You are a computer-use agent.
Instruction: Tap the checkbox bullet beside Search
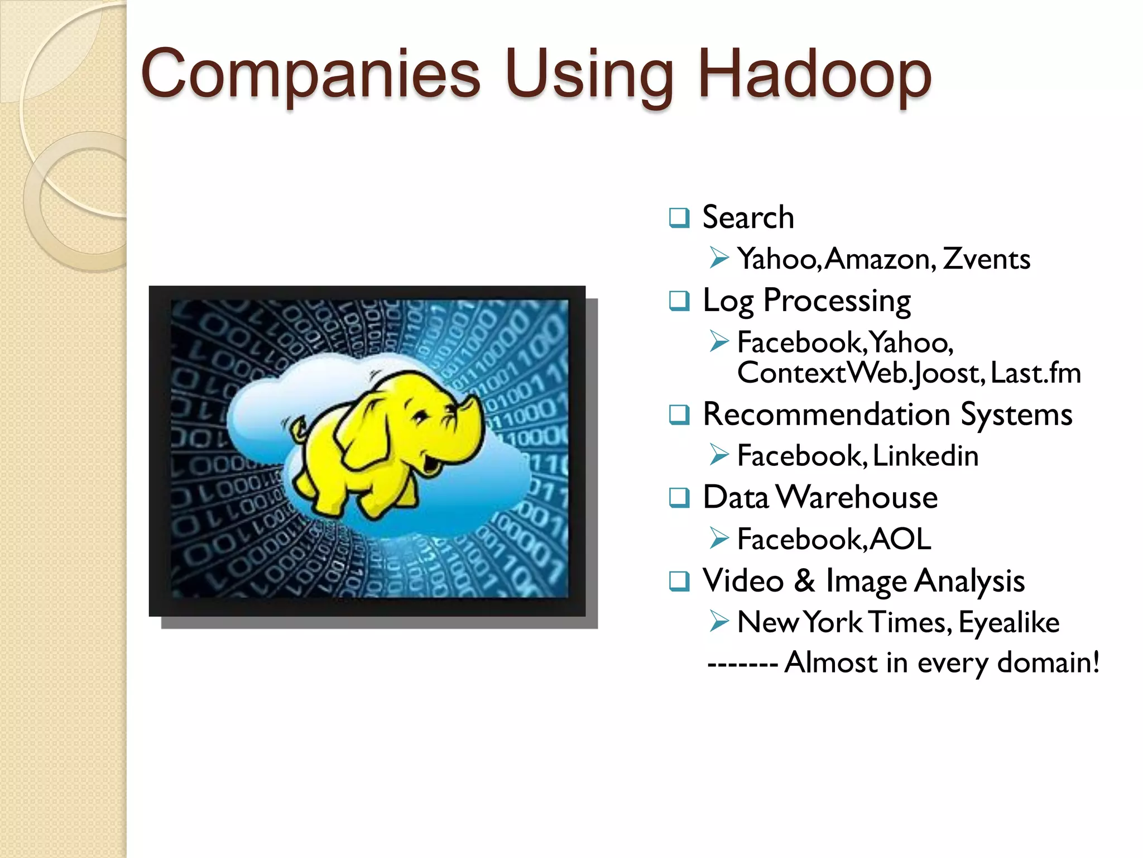click(x=679, y=217)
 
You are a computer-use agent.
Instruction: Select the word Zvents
click(x=986, y=259)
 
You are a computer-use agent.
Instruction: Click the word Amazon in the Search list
click(x=878, y=259)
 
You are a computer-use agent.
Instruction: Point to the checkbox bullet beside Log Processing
click(x=679, y=301)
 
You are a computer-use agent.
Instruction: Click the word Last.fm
click(x=1036, y=373)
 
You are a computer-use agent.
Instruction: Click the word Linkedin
click(x=925, y=456)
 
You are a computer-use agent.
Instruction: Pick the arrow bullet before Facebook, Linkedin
click(x=719, y=455)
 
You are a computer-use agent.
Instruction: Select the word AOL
click(x=900, y=539)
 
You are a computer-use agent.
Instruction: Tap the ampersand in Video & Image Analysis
click(x=804, y=581)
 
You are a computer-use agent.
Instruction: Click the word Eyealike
click(x=1008, y=622)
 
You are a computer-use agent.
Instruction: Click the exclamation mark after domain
click(x=1096, y=662)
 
